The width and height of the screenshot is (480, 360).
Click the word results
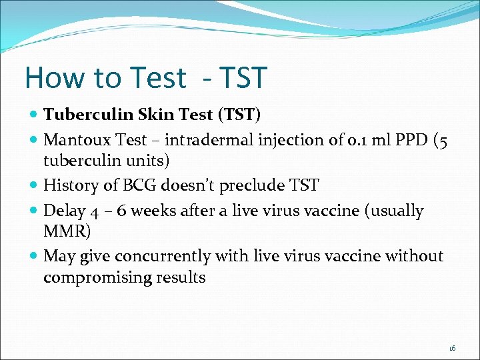click(x=181, y=277)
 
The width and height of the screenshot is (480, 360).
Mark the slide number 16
click(x=452, y=348)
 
